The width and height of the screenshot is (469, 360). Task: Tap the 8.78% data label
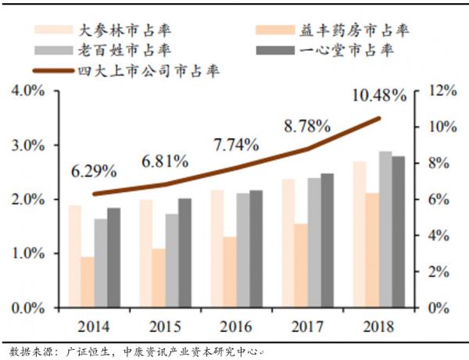coord(308,124)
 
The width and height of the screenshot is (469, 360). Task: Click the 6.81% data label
coord(164,162)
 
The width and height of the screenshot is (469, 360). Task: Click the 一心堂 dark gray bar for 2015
coord(185,253)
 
